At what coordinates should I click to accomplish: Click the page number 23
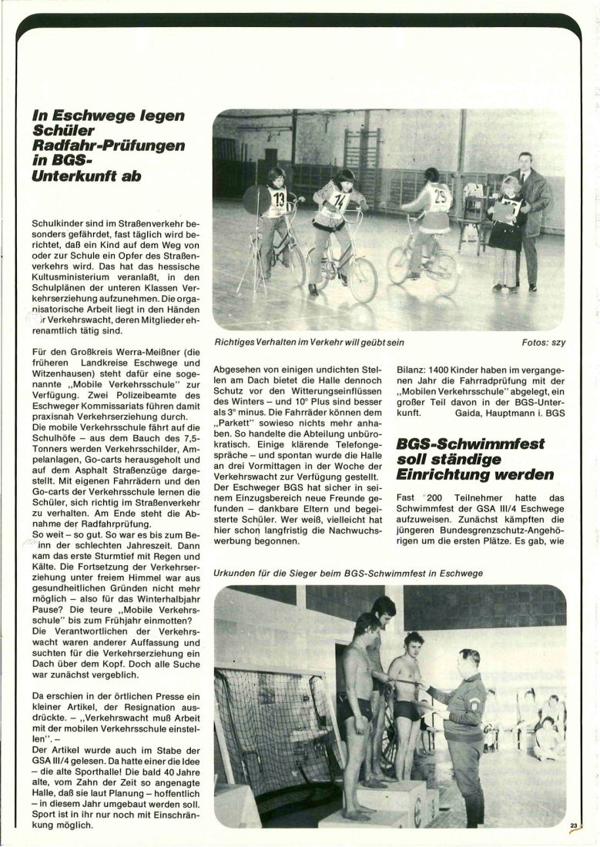pyautogui.click(x=574, y=825)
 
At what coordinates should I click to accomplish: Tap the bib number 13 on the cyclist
pyautogui.click(x=278, y=203)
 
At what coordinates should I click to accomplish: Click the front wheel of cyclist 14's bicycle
pyautogui.click(x=361, y=280)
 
